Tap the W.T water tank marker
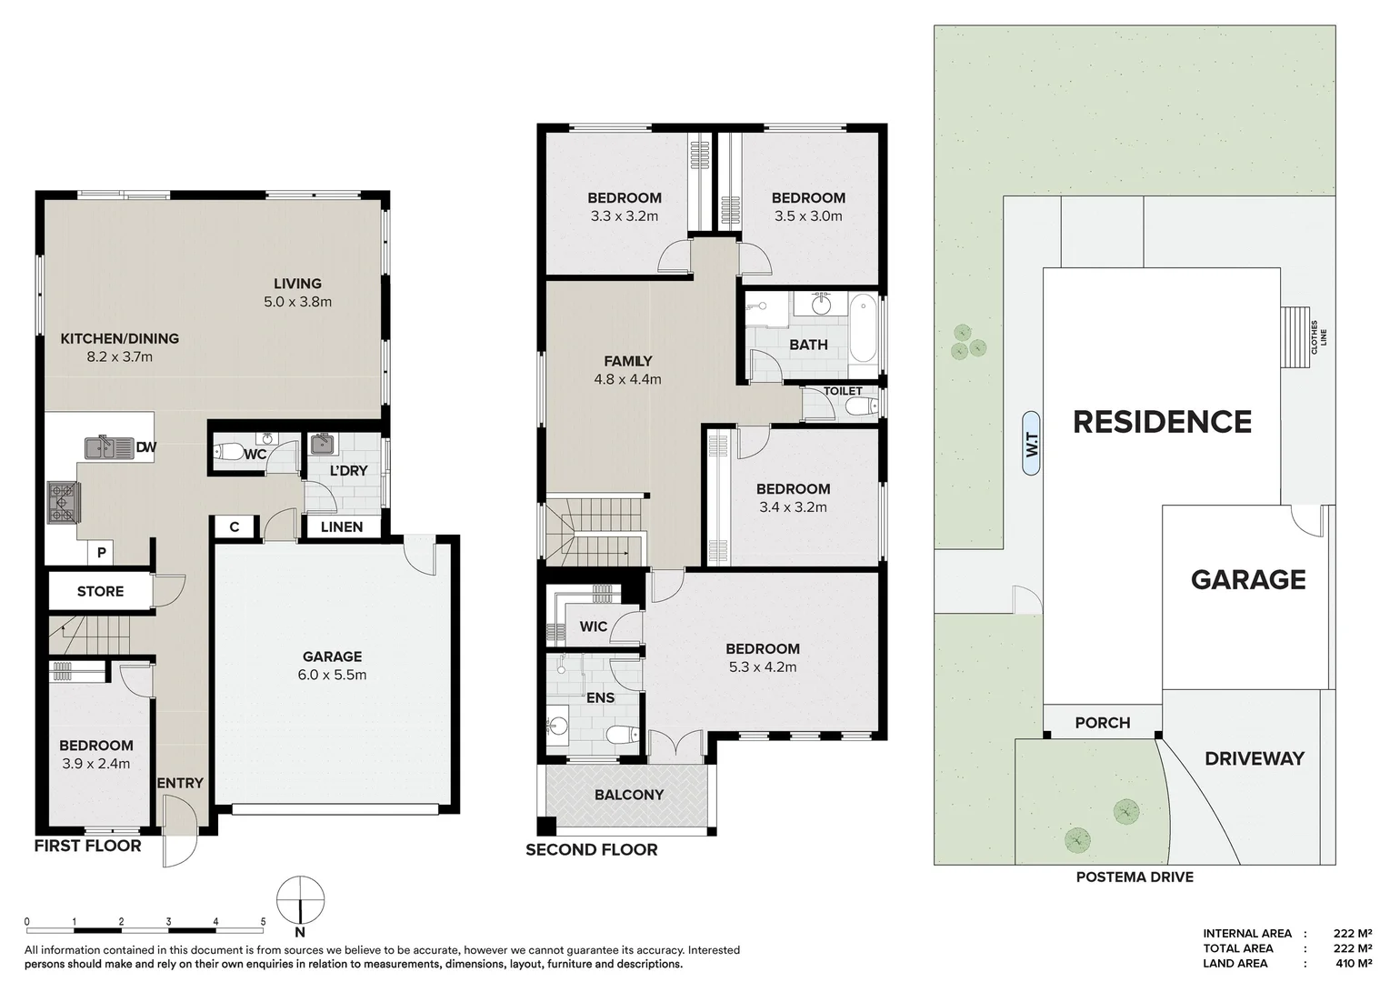1031,446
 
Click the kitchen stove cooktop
63,503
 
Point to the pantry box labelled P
102,553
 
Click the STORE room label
100,591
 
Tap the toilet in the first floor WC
228,452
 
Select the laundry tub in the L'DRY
321,445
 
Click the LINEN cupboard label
342,526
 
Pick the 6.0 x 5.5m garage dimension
332,675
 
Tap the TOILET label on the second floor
843,391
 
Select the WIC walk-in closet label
593,626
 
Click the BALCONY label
629,795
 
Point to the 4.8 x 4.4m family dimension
627,379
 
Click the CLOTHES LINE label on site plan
1318,333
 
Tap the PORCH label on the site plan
1102,723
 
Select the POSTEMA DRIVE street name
1135,877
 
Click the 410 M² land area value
1354,964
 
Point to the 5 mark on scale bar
264,922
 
